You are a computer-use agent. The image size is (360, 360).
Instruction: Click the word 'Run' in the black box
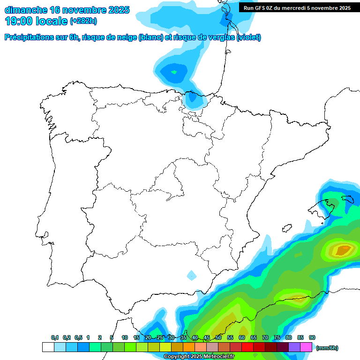[249, 7]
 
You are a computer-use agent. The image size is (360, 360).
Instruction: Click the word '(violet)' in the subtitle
[249, 37]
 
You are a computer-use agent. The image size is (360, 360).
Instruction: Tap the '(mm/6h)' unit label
[327, 348]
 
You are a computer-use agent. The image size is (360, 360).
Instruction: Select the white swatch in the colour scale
[48, 347]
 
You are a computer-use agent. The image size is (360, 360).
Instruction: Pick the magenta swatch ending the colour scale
[306, 347]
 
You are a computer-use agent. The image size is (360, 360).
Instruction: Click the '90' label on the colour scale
[312, 337]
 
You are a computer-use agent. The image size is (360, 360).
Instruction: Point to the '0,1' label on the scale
[55, 337]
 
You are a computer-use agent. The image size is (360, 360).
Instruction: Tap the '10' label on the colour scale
[125, 337]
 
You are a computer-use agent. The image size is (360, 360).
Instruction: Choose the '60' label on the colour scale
[242, 337]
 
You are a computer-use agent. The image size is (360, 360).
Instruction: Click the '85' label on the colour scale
[300, 337]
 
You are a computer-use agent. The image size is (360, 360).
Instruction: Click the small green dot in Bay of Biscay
[174, 72]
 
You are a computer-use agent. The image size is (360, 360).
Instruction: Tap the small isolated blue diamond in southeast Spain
[191, 275]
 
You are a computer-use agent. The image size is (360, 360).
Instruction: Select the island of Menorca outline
[348, 199]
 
